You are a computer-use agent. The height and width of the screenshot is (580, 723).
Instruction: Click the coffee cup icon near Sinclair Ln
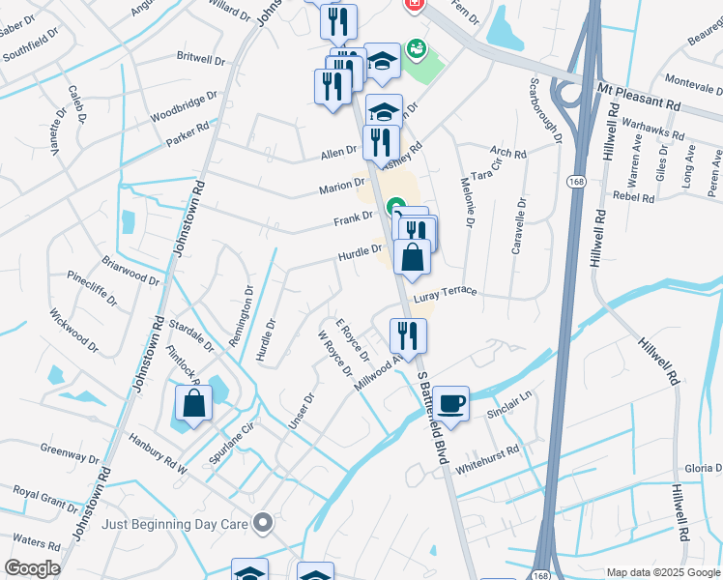(450, 402)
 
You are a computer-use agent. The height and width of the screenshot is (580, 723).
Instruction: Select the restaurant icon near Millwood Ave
(408, 335)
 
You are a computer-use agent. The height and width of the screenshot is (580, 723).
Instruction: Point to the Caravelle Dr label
(518, 226)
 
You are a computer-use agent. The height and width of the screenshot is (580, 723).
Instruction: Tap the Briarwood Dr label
(131, 270)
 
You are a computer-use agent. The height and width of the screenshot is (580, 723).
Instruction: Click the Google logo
(31, 567)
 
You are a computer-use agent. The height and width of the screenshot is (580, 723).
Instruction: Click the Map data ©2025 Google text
(662, 572)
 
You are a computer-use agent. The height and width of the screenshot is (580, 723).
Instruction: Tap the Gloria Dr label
(703, 468)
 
